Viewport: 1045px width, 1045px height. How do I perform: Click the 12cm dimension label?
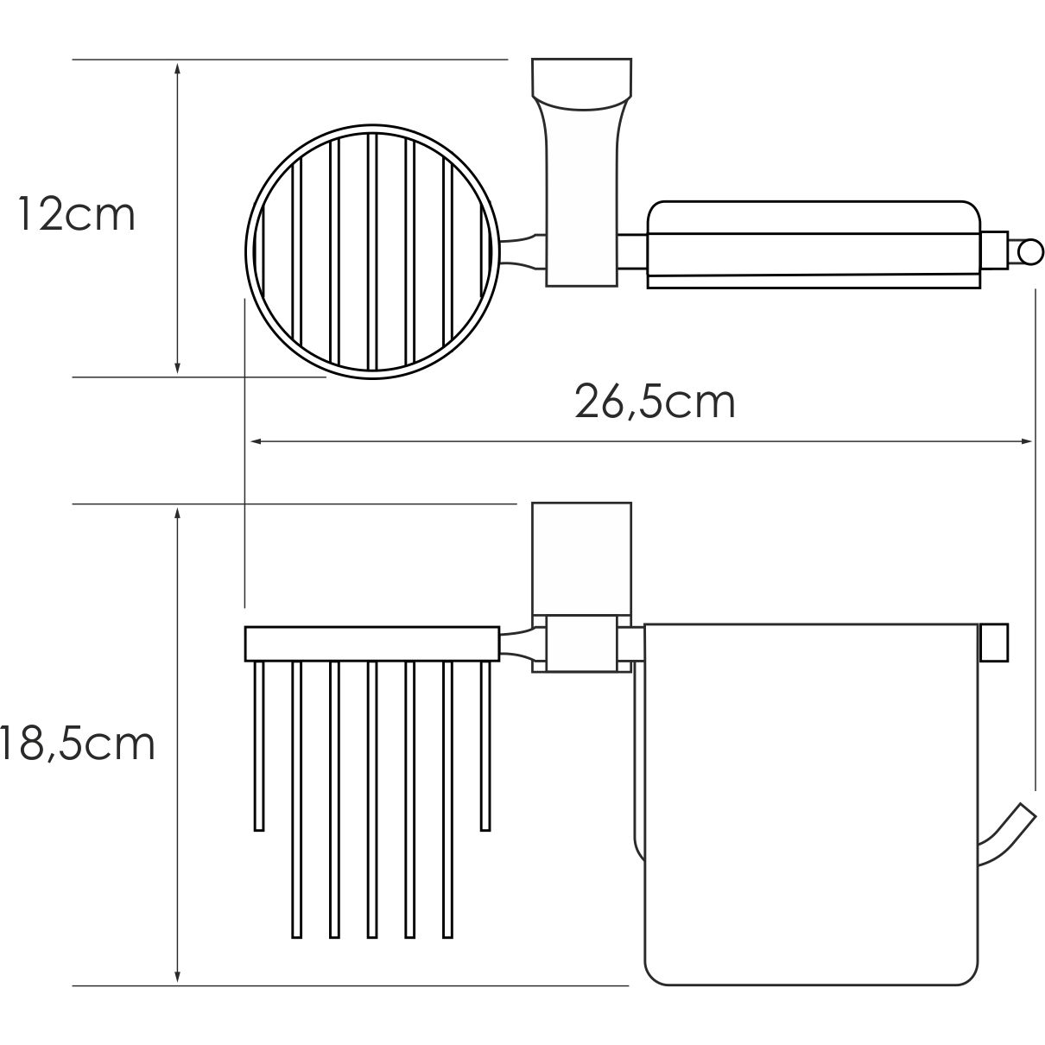pyautogui.click(x=76, y=216)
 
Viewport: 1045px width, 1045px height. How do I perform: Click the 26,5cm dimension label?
pyautogui.click(x=655, y=402)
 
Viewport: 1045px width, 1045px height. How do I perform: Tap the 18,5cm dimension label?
pyautogui.click(x=78, y=744)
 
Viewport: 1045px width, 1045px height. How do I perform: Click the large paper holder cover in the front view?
pyautogui.click(x=812, y=803)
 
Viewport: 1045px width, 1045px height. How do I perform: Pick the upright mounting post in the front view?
pyautogui.click(x=581, y=555)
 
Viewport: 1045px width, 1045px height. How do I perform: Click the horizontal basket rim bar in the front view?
pyautogui.click(x=372, y=643)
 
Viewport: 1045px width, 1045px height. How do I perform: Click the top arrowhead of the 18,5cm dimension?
pyautogui.click(x=177, y=515)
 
